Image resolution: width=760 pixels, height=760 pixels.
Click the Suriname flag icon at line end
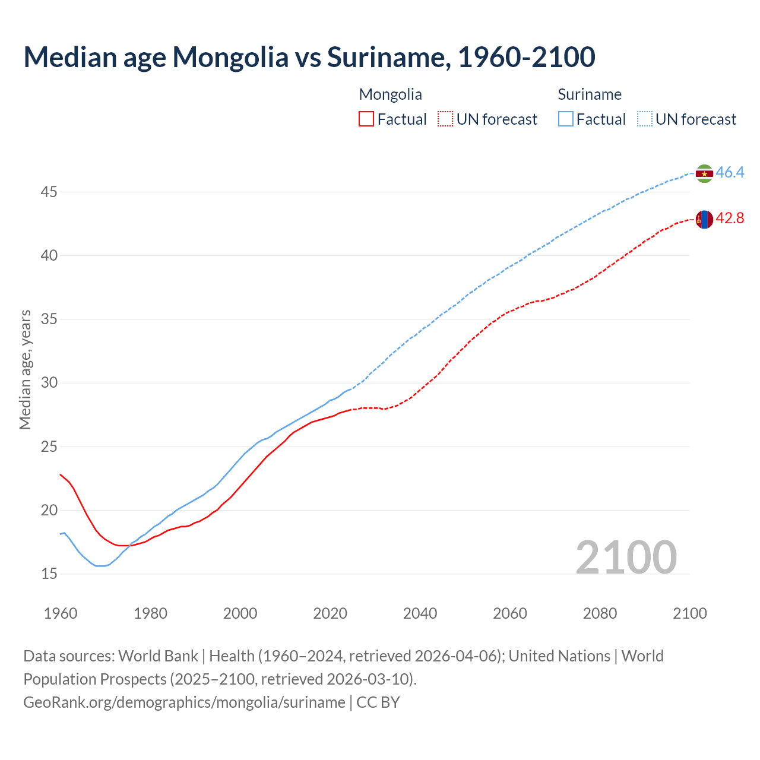pyautogui.click(x=704, y=173)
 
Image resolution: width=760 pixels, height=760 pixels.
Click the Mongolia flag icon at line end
pyautogui.click(x=704, y=219)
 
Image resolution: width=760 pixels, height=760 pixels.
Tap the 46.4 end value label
pyautogui.click(x=730, y=173)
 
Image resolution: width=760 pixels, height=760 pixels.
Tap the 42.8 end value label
pyautogui.click(x=730, y=218)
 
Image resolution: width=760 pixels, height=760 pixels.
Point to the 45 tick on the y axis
pyautogui.click(x=49, y=192)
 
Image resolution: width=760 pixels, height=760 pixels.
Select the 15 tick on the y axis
pyautogui.click(x=49, y=574)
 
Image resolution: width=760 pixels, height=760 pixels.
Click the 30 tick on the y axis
pyautogui.click(x=49, y=382)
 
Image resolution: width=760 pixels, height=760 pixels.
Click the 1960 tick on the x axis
pyautogui.click(x=61, y=613)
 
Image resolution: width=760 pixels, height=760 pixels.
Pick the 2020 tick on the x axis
pyautogui.click(x=330, y=613)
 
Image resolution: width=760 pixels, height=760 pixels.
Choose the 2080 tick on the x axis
pyautogui.click(x=600, y=613)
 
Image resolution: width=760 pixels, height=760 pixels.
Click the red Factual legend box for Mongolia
pyautogui.click(x=366, y=119)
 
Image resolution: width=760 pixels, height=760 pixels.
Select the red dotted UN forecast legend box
pyautogui.click(x=445, y=119)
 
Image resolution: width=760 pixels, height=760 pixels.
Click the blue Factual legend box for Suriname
pyautogui.click(x=566, y=119)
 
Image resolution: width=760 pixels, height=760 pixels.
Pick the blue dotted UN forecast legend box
pyautogui.click(x=645, y=119)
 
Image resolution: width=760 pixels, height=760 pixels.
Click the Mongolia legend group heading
pyautogui.click(x=391, y=94)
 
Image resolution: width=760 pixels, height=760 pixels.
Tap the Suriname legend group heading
pyautogui.click(x=590, y=94)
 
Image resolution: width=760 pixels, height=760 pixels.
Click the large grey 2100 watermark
pyautogui.click(x=626, y=557)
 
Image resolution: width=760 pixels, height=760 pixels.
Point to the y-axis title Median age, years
pyautogui.click(x=25, y=369)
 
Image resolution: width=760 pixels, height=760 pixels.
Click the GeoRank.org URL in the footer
pyautogui.click(x=184, y=702)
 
